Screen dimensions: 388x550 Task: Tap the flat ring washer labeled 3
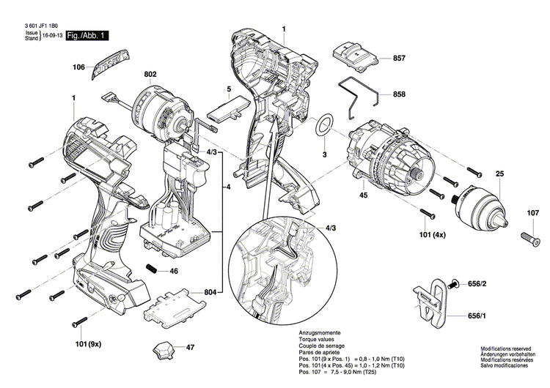tap(324, 125)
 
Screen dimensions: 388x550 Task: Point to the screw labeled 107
tap(529, 238)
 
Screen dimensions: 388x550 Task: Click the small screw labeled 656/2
tap(455, 283)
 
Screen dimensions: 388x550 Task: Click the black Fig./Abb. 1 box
tap(87, 35)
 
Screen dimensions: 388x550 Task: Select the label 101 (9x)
tap(89, 343)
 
